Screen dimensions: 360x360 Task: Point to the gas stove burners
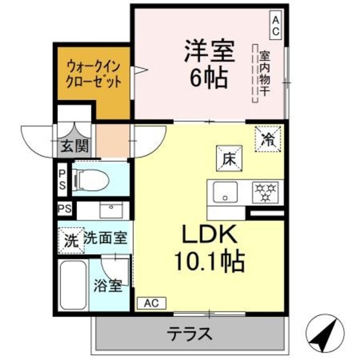[264, 192]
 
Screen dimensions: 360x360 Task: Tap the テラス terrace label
[189, 334]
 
